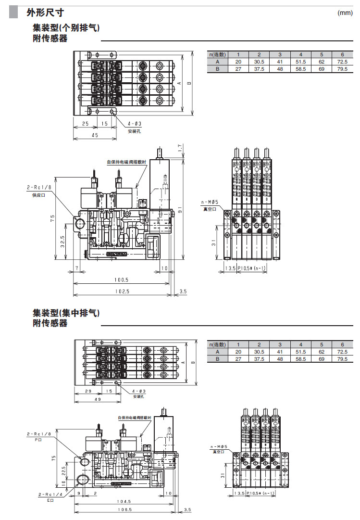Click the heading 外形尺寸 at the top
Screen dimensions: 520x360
click(45, 13)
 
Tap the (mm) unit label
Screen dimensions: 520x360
click(345, 13)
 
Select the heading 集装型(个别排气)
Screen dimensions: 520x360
click(66, 28)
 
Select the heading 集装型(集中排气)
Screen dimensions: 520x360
click(66, 313)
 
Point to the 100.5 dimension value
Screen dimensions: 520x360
click(121, 280)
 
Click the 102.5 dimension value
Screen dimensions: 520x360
click(122, 292)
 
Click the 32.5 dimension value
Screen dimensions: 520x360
click(62, 240)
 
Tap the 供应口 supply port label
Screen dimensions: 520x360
click(38, 195)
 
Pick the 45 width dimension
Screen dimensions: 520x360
click(95, 135)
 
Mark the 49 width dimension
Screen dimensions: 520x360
click(98, 399)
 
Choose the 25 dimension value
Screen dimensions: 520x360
click(85, 124)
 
